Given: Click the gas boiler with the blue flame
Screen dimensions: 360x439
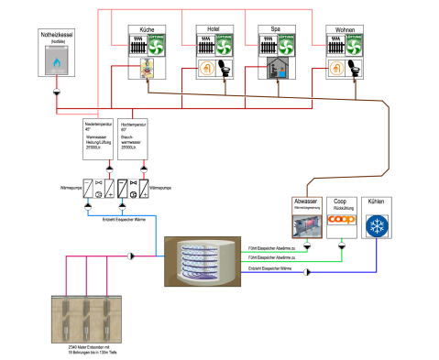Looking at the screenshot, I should pyautogui.click(x=57, y=60).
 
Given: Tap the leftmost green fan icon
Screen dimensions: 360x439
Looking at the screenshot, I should pyautogui.click(x=156, y=45).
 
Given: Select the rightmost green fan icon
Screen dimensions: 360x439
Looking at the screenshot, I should pyautogui.click(x=354, y=45).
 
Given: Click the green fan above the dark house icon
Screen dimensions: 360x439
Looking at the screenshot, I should pyautogui.click(x=286, y=45).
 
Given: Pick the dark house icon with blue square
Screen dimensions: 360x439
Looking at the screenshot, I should pyautogui.click(x=278, y=68).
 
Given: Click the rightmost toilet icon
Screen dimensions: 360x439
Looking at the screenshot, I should pyautogui.click(x=355, y=68).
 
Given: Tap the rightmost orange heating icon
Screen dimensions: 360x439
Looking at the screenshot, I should pyautogui.click(x=337, y=68).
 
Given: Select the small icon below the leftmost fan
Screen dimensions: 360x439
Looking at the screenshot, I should pyautogui.click(x=147, y=68).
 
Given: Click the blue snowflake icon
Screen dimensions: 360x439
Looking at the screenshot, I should pyautogui.click(x=377, y=226).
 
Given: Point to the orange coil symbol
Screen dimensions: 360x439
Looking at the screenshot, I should pyautogui.click(x=342, y=219).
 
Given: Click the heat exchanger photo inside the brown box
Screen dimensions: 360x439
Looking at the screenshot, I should pyautogui.click(x=307, y=226).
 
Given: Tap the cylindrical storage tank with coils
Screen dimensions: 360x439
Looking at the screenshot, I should pyautogui.click(x=203, y=262).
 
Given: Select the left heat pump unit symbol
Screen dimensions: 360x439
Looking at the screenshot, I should pyautogui.click(x=98, y=189).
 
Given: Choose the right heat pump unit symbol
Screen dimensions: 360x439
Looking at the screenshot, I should pyautogui.click(x=133, y=189).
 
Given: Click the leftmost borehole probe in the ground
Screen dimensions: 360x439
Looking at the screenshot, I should pyautogui.click(x=66, y=319).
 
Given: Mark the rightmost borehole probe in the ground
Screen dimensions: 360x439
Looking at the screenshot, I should pyautogui.click(x=106, y=319).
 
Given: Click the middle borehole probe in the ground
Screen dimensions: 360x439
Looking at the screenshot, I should pyautogui.click(x=86, y=319).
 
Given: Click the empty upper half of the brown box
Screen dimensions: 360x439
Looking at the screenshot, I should pyautogui.click(x=307, y=205).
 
